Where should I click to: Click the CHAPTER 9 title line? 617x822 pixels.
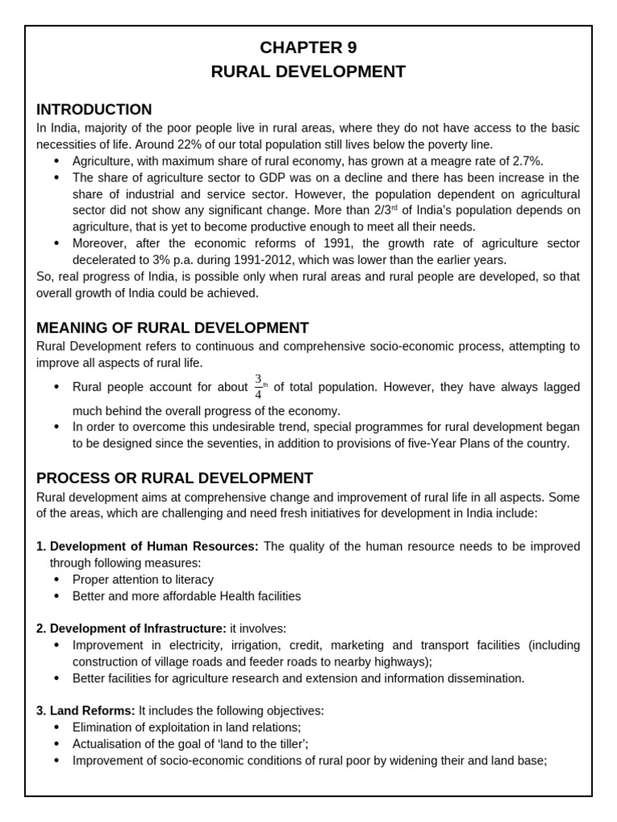coord(308,47)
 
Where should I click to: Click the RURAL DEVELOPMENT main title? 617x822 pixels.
coord(308,72)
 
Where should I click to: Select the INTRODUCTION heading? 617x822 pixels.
coord(94,110)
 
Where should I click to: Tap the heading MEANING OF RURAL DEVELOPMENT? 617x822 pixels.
coord(172,328)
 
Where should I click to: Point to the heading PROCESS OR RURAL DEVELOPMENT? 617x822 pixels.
coord(174,478)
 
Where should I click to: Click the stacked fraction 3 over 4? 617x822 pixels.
coord(259,386)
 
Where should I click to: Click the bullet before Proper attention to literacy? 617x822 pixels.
coord(56,580)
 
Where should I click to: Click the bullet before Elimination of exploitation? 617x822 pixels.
coord(56,727)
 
